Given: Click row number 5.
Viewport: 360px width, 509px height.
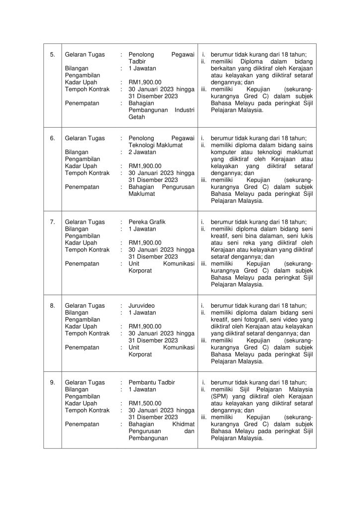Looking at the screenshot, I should coord(52,55).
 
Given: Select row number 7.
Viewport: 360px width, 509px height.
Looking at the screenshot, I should coord(52,222).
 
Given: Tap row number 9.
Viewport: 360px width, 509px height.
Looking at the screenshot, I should coord(52,382).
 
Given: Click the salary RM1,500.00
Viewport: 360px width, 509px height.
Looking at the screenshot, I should coord(145,404).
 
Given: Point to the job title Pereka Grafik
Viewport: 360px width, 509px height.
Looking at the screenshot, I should coord(147,222).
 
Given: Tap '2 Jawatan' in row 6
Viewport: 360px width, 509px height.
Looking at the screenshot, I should coord(142,152).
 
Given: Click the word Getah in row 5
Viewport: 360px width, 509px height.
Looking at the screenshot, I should coord(137,117).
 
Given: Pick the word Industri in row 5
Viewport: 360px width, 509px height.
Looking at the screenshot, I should coord(184,110).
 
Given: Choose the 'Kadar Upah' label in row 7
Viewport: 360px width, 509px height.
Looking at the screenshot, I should coord(81,243).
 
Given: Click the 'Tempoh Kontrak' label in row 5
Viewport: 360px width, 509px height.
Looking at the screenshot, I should coord(87,89).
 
